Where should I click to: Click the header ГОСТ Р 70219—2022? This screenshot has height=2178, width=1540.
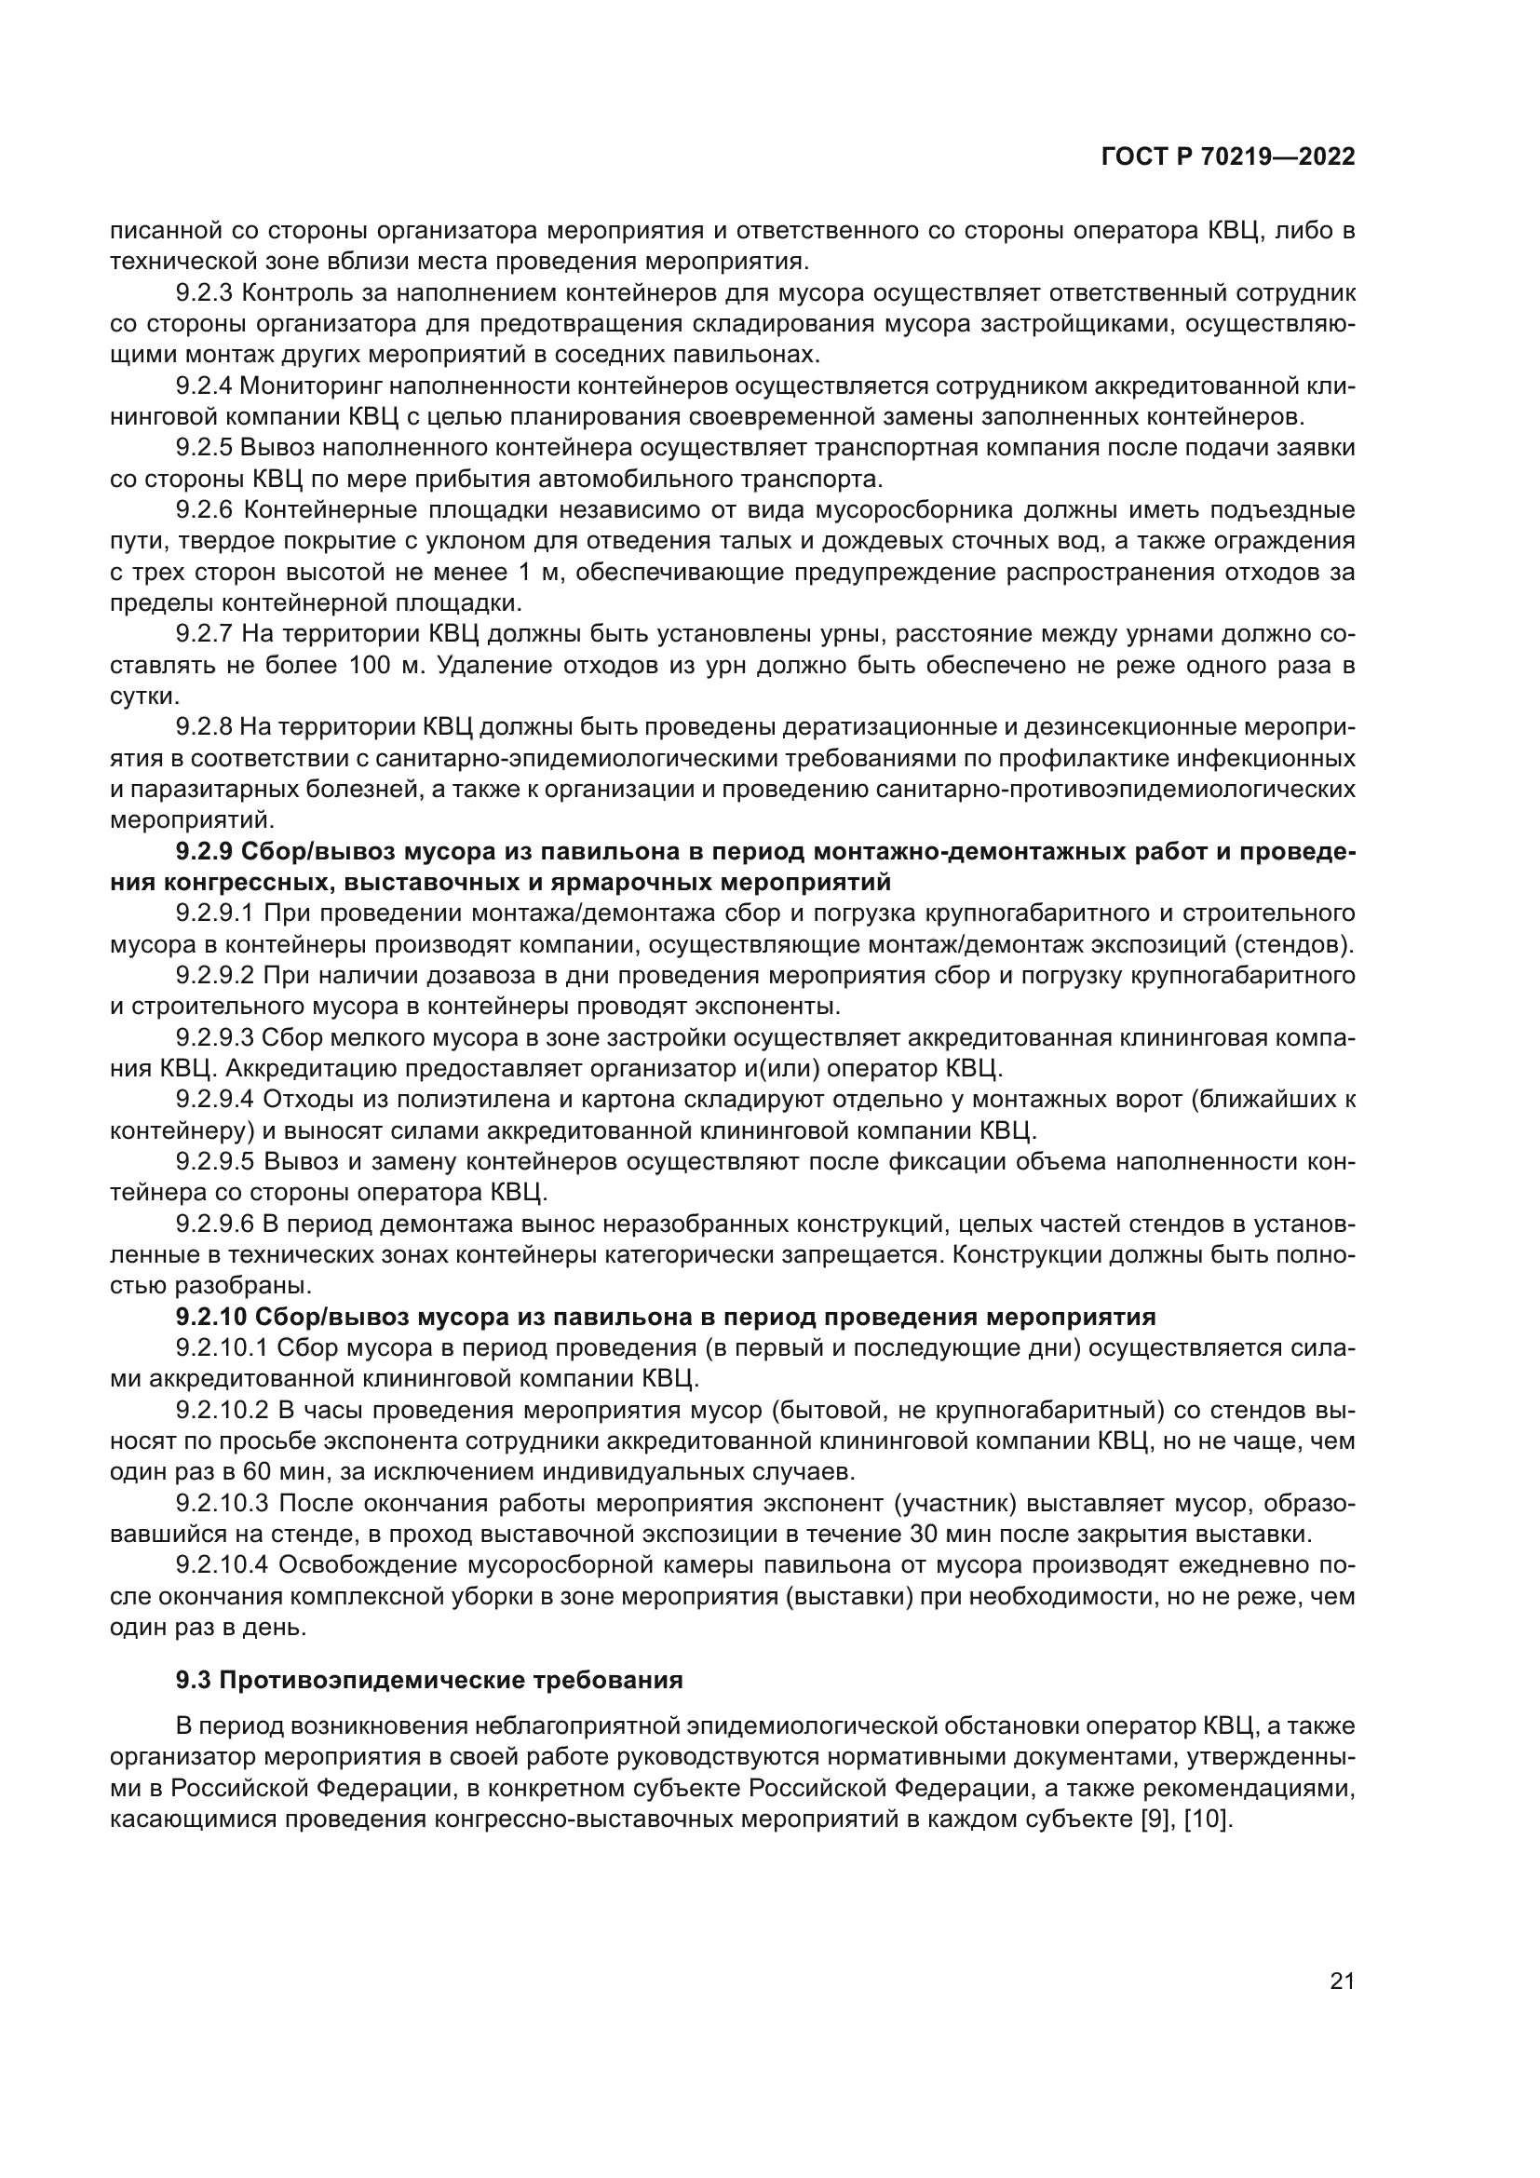(1228, 157)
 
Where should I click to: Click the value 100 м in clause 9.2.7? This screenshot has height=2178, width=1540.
(387, 665)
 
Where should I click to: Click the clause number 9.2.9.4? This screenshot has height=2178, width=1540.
(215, 1100)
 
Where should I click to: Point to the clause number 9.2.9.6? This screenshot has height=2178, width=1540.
(215, 1224)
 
